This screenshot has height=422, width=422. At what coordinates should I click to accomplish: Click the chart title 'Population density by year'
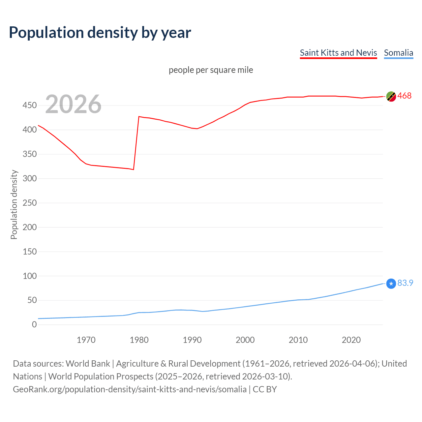pyautogui.click(x=100, y=33)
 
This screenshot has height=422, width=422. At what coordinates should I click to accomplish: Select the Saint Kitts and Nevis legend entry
pyautogui.click(x=338, y=53)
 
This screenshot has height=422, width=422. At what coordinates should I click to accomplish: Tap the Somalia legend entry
pyautogui.click(x=398, y=53)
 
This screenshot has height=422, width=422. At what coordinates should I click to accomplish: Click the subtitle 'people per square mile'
pyautogui.click(x=211, y=70)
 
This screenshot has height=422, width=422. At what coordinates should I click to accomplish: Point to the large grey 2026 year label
pyautogui.click(x=73, y=105)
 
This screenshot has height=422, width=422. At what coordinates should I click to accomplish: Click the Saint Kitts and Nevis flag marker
pyautogui.click(x=391, y=96)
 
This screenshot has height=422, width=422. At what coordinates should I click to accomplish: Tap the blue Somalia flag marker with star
pyautogui.click(x=391, y=284)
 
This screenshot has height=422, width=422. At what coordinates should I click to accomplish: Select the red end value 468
pyautogui.click(x=405, y=96)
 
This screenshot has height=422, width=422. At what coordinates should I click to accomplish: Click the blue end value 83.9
pyautogui.click(x=405, y=283)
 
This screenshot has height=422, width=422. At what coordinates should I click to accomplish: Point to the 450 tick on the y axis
pyautogui.click(x=30, y=105)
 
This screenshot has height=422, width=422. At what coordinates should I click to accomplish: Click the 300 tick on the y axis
pyautogui.click(x=30, y=178)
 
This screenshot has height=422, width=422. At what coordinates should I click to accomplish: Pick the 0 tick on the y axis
pyautogui.click(x=34, y=324)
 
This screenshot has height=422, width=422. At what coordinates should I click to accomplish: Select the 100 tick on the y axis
pyautogui.click(x=30, y=276)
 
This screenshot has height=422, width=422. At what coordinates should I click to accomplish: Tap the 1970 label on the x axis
pyautogui.click(x=86, y=340)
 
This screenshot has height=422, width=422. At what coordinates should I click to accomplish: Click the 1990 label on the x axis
pyautogui.click(x=192, y=340)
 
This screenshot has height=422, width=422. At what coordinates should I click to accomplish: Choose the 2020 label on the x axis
pyautogui.click(x=351, y=340)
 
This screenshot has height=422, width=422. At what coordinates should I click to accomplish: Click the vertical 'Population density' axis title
pyautogui.click(x=14, y=204)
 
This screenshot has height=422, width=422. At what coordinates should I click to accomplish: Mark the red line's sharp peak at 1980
pyautogui.click(x=139, y=117)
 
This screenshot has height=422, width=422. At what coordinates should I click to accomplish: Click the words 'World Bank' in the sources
pyautogui.click(x=88, y=364)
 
